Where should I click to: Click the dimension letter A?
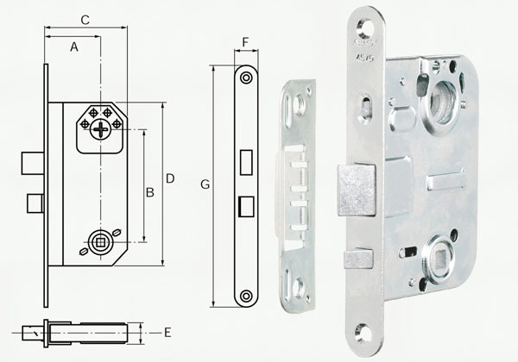tap(74, 48)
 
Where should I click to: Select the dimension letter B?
tap(149, 192)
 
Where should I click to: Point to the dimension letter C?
tap(85, 19)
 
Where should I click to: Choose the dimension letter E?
tap(167, 331)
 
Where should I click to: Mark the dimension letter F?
tap(246, 41)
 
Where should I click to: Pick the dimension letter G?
tap(205, 184)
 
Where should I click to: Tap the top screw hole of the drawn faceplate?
tap(247, 78)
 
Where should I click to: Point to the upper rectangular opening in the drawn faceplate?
tap(246, 160)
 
